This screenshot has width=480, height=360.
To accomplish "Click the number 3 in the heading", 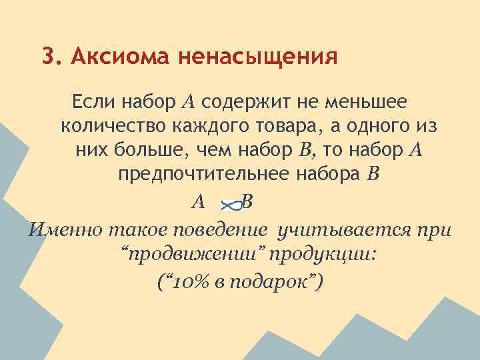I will pyautogui.click(x=47, y=56).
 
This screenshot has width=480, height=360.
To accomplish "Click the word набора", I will pyautogui.click(x=333, y=174).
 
